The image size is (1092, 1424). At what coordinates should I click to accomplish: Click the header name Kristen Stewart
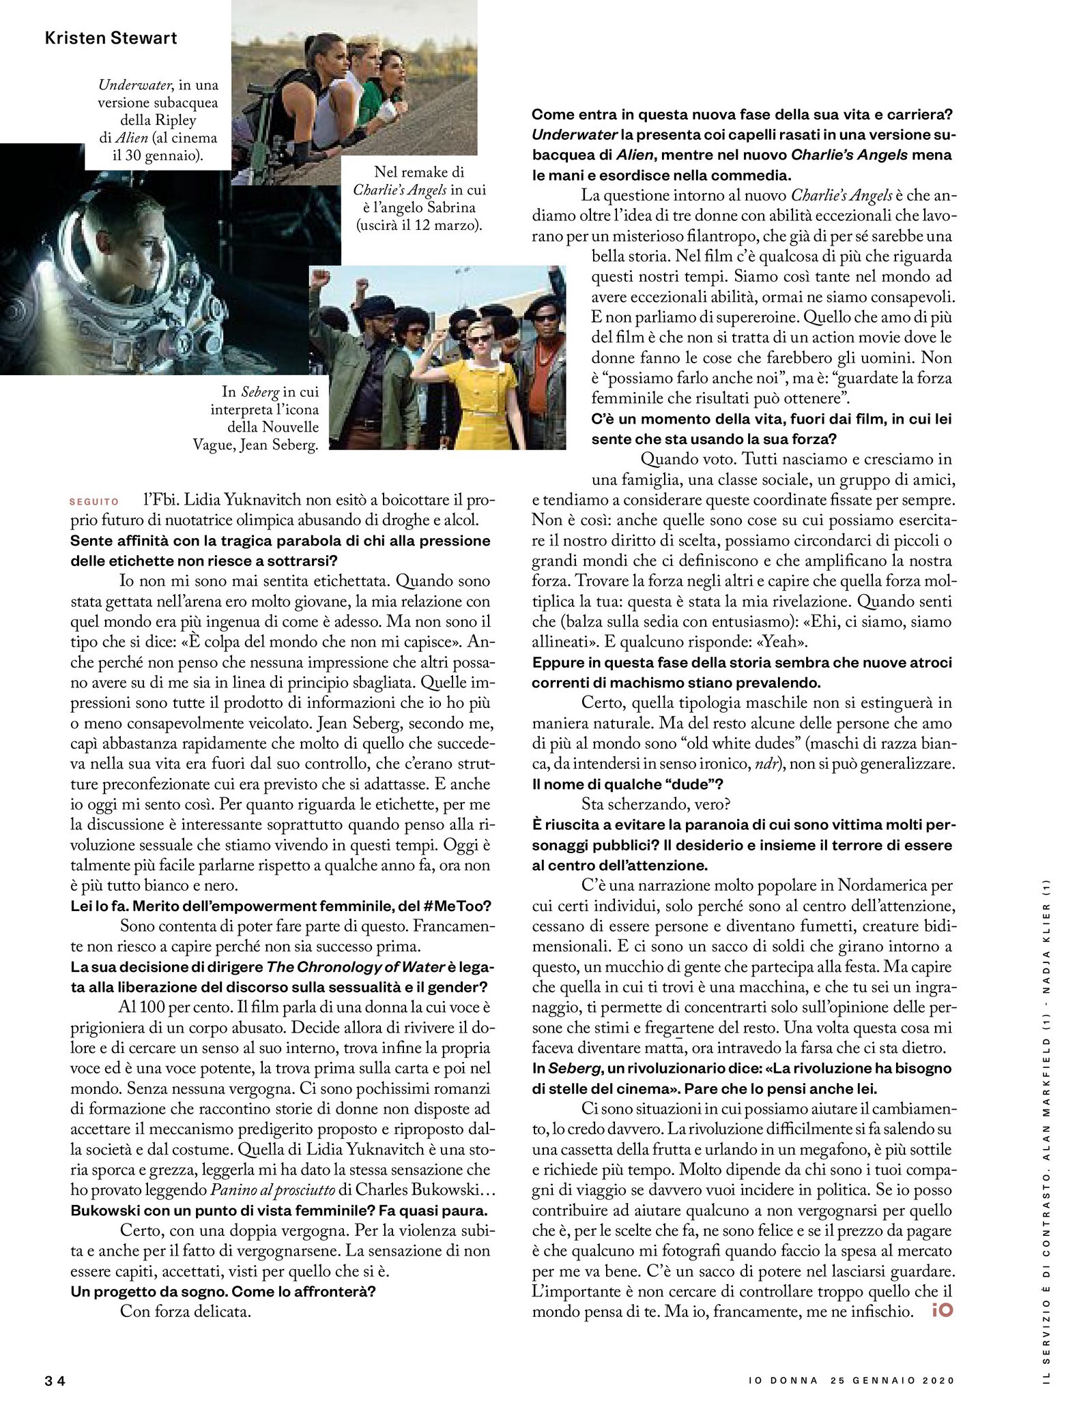(x=111, y=38)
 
